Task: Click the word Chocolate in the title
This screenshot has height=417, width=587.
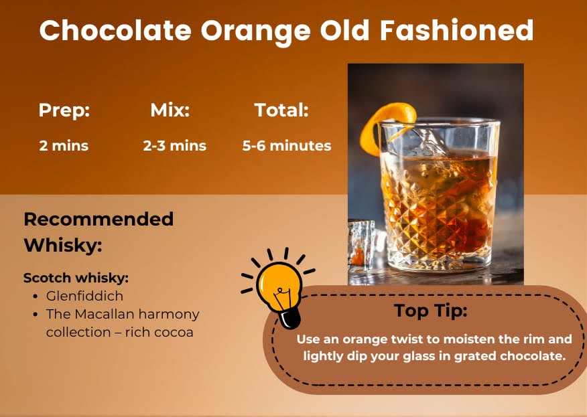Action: (115, 30)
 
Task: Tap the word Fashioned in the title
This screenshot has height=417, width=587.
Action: (457, 30)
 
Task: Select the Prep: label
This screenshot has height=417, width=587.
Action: (64, 110)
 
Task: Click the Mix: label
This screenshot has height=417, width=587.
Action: (170, 110)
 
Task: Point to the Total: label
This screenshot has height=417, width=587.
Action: (281, 110)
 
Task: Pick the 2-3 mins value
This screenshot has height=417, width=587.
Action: (174, 145)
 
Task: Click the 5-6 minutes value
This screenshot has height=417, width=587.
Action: (287, 145)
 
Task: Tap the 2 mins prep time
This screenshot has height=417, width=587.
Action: (64, 145)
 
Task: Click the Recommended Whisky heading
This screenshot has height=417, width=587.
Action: (99, 232)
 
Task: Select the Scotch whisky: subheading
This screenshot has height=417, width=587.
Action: (76, 278)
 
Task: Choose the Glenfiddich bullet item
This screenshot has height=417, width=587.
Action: (84, 296)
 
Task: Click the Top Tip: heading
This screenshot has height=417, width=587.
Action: (430, 311)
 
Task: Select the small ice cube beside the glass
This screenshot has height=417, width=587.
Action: (362, 245)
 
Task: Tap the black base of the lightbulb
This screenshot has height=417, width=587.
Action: (290, 319)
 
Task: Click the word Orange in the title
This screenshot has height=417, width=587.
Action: (256, 31)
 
